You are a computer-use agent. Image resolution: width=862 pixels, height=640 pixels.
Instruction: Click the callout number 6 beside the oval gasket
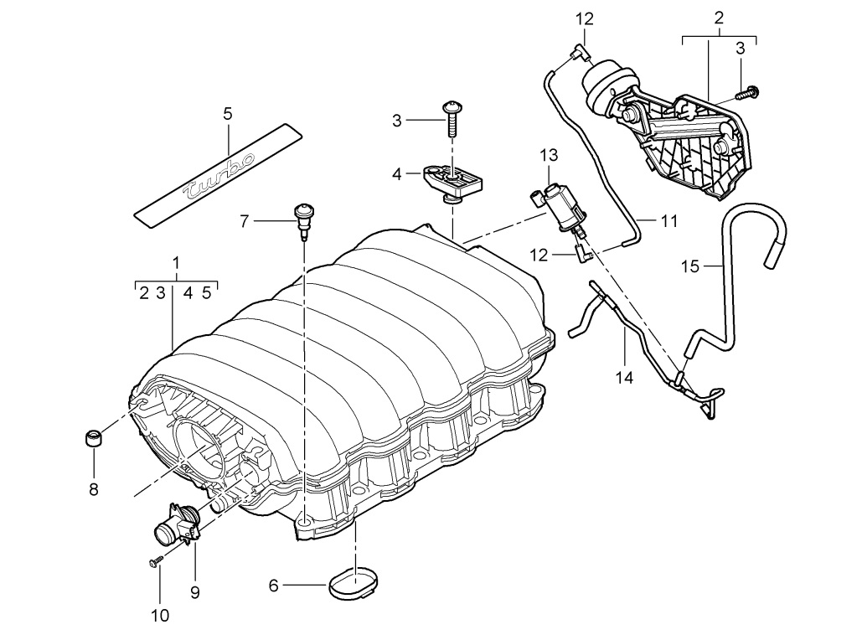[x=273, y=586]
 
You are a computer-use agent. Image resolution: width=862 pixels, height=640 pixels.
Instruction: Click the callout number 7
[x=244, y=221]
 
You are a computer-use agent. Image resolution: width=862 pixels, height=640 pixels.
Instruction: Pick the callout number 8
[x=93, y=488]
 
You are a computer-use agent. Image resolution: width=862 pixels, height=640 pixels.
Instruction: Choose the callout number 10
[x=159, y=616]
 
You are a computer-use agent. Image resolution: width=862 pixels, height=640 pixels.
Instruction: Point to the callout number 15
[x=689, y=266]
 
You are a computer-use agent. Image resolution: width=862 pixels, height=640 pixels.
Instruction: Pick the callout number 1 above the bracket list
[x=176, y=263]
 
